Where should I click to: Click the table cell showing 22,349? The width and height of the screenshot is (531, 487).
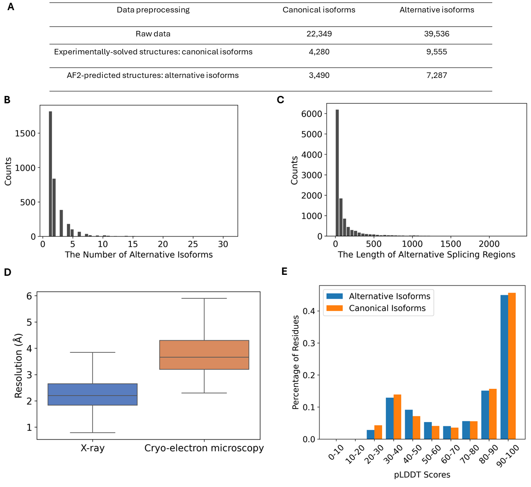coord(319,34)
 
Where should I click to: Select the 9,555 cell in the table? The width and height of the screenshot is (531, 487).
coord(437,52)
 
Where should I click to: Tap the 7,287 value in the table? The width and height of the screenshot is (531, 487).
coord(437,75)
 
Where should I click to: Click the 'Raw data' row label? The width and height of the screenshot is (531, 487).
coord(153,34)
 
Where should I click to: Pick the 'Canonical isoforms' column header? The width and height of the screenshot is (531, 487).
coord(319,10)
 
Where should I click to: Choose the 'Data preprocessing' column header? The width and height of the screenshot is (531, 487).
coord(153,10)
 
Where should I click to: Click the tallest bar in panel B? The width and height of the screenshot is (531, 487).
coord(50,175)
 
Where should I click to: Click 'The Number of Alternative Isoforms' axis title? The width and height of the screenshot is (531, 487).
coord(139,255)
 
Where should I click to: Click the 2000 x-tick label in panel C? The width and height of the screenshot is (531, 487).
coord(490,243)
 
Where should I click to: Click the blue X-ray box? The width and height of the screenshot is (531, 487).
coord(93,394)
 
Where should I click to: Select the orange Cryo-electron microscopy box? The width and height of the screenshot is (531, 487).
coord(204,355)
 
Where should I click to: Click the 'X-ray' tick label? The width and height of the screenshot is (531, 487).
coord(92,448)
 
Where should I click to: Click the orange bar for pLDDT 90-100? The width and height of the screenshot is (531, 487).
coord(512,367)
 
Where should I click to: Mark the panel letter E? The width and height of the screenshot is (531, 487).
coord(284,272)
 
